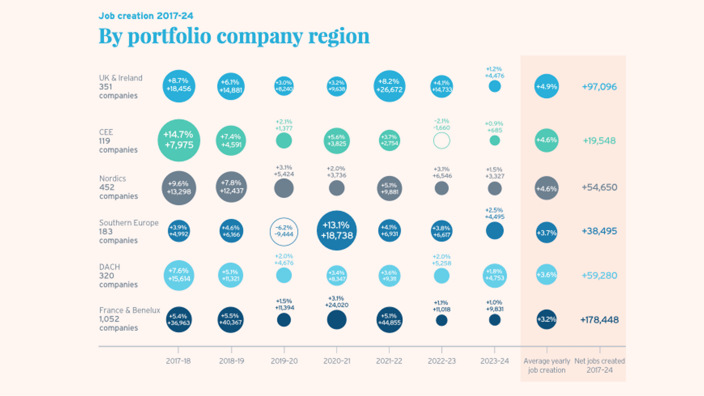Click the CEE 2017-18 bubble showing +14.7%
click(179, 140)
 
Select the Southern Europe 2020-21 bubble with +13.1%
click(337, 230)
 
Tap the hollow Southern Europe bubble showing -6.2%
click(284, 231)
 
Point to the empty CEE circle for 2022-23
click(441, 140)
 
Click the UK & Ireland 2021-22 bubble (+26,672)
click(389, 86)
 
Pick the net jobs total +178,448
click(599, 320)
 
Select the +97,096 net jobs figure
click(599, 87)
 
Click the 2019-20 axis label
click(284, 361)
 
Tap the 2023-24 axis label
click(494, 361)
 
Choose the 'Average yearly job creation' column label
click(546, 365)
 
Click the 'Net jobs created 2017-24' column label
click(599, 365)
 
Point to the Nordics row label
click(118, 187)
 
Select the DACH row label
click(118, 275)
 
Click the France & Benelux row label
click(129, 319)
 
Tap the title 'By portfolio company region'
click(234, 36)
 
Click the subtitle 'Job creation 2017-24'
click(146, 16)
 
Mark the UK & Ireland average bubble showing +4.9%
click(546, 87)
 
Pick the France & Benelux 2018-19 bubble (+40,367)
click(231, 319)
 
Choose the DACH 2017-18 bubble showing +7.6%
click(179, 275)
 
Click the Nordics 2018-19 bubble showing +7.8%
click(231, 187)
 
